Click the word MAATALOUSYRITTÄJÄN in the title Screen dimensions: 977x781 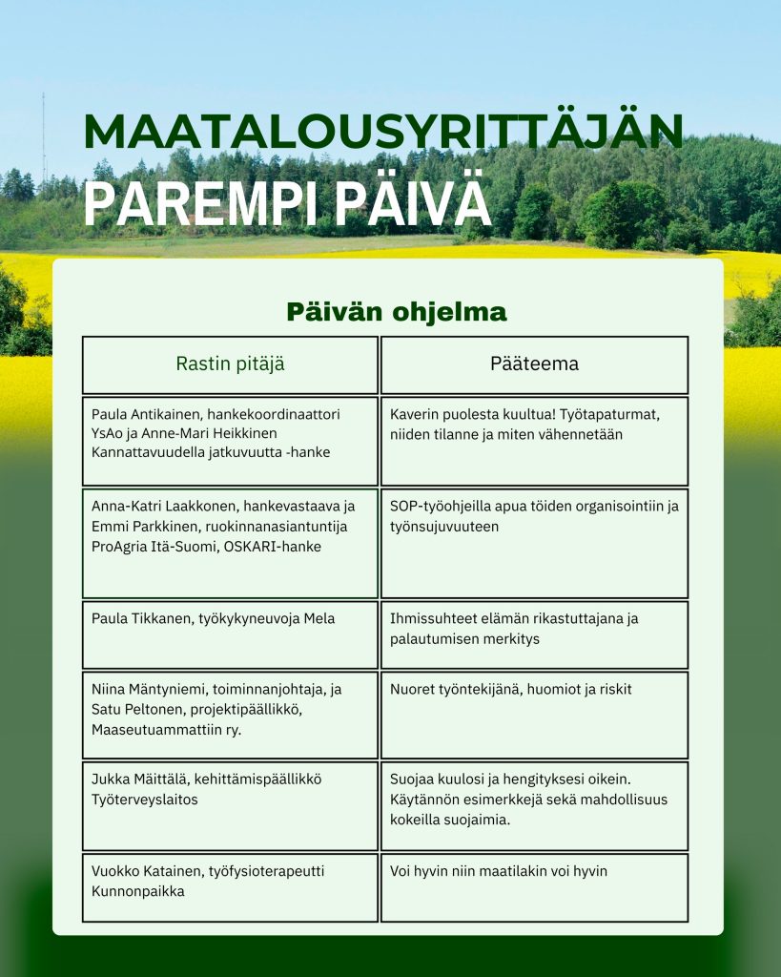[x=382, y=132]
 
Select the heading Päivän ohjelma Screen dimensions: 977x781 [x=397, y=312]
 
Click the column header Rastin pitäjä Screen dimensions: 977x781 [x=230, y=364]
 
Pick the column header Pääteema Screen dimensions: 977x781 [x=534, y=364]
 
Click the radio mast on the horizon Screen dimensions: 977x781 [x=44, y=138]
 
